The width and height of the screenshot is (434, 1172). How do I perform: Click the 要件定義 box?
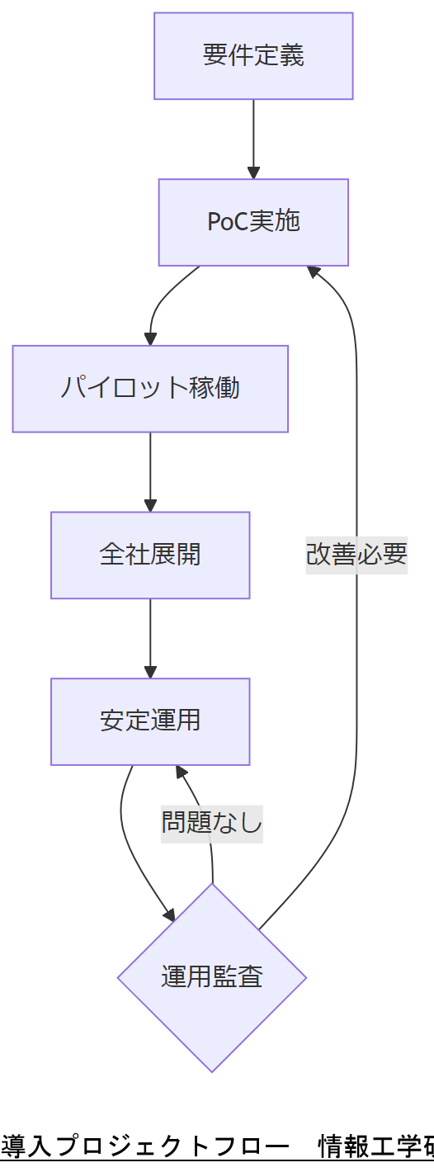click(253, 56)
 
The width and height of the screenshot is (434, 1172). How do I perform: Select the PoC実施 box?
click(253, 222)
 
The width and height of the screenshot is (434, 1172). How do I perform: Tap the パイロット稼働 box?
click(150, 388)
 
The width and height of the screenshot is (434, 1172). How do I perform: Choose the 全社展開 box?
click(150, 555)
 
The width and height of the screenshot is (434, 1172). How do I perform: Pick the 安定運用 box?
click(150, 721)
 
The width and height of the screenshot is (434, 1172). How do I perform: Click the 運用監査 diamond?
click(212, 977)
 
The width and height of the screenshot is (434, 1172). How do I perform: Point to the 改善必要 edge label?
click(356, 554)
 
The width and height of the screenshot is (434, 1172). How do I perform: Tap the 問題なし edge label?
click(212, 824)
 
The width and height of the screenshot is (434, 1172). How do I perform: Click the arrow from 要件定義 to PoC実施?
click(253, 136)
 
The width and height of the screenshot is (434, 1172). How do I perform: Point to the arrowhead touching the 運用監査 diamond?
click(169, 914)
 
